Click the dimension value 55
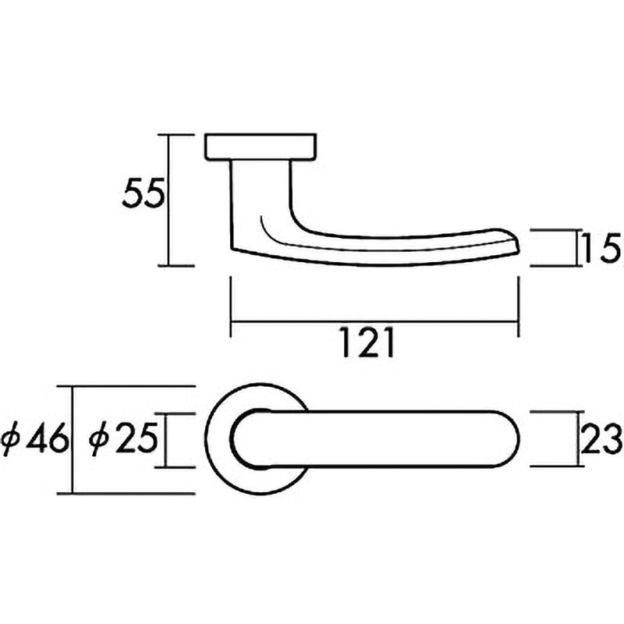[144, 193]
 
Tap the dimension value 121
[368, 342]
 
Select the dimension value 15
[601, 248]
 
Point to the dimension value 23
[601, 439]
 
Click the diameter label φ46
[35, 439]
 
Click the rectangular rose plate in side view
[261, 147]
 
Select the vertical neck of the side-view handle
[261, 199]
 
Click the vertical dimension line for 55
[169, 200]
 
